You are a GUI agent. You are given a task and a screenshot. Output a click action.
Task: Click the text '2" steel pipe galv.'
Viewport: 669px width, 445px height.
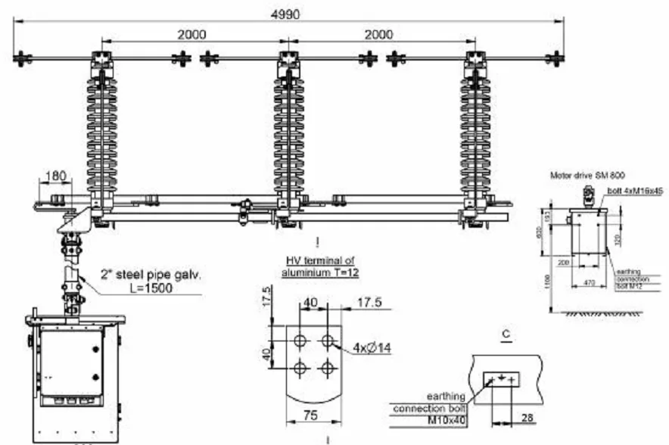(x=151, y=275)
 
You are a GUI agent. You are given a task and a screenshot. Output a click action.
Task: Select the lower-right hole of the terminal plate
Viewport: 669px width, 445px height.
(x=327, y=369)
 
